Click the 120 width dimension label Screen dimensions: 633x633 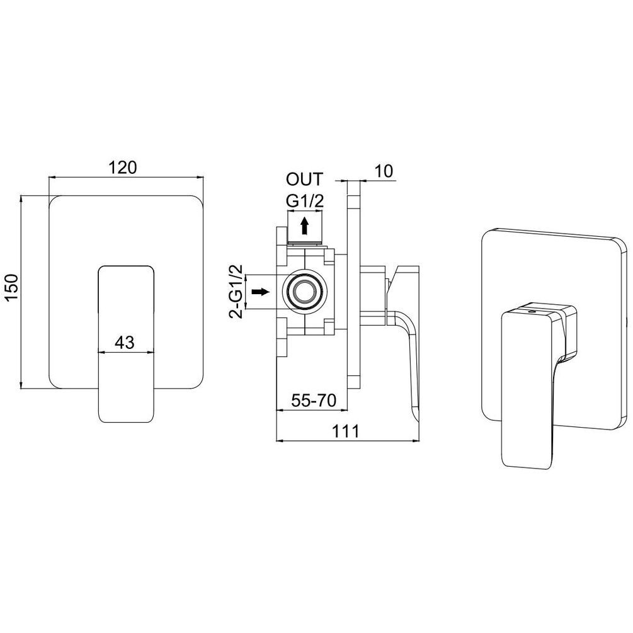coord(123,167)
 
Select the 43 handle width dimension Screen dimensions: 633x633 coord(124,343)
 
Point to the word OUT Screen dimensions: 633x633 coord(305,179)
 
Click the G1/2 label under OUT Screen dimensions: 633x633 coord(305,201)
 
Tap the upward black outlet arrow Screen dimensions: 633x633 coord(305,225)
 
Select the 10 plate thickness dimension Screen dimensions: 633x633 coord(384,171)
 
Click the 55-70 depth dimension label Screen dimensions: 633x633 coord(314,401)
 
